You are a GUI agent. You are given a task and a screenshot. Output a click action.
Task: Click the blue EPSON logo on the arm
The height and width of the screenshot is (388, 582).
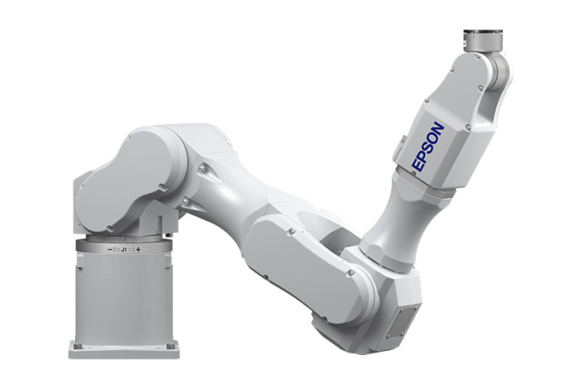[428, 146]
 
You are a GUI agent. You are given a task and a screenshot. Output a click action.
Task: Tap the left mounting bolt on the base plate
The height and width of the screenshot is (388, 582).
[77, 346]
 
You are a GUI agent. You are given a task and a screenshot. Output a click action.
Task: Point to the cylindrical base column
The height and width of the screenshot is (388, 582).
[124, 299]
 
